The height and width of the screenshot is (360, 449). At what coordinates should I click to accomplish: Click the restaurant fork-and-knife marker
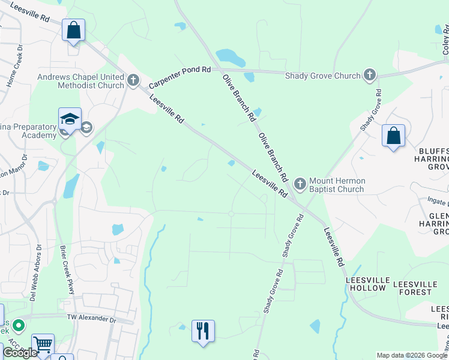(203, 331)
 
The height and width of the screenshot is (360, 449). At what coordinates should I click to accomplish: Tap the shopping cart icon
(43, 344)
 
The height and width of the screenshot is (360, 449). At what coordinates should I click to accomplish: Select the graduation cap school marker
(70, 119)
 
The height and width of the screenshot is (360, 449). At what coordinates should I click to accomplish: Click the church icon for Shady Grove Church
(370, 75)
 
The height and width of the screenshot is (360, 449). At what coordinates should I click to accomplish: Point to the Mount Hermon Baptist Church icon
(300, 181)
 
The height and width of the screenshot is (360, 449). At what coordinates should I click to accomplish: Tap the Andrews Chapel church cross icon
(133, 79)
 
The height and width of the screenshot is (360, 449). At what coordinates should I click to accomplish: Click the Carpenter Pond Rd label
(179, 70)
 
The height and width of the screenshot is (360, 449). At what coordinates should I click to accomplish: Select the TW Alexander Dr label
(91, 318)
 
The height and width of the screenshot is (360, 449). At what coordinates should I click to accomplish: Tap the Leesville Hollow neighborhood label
(366, 284)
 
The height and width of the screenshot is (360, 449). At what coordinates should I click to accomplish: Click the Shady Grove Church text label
(323, 76)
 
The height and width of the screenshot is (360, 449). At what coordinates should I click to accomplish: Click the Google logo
(20, 352)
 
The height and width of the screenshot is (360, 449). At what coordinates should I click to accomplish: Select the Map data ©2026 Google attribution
(412, 355)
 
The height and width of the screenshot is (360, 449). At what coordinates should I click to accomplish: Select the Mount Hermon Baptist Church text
(337, 185)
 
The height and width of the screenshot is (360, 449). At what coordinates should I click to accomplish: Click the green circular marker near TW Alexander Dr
(19, 326)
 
